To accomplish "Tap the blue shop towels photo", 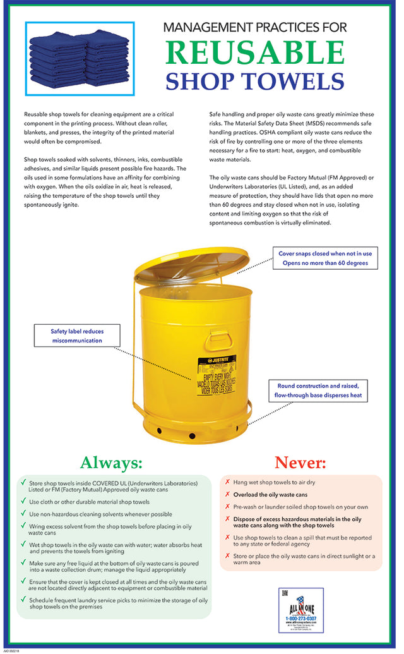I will [80, 58].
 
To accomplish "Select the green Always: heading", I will [110, 463].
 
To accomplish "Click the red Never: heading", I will [299, 463].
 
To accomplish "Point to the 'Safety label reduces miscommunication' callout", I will [76, 336].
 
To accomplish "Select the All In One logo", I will [300, 610].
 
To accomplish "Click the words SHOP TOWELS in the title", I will [254, 82].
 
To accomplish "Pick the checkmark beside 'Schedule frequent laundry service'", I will [23, 601].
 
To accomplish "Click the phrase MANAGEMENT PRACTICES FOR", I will [254, 27].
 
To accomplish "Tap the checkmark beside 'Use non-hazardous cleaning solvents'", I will [23, 514].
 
